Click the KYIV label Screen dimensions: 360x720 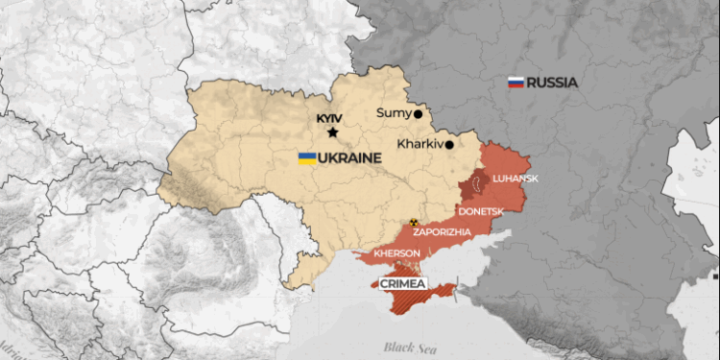click(329, 119)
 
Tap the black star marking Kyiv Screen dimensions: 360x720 click(333, 132)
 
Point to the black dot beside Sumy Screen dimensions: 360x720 click(418, 113)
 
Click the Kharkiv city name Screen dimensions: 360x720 click(419, 144)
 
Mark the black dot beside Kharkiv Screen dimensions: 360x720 click(448, 144)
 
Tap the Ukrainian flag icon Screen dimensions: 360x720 click(307, 157)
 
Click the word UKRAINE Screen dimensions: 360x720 click(348, 157)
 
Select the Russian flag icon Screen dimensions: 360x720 click(515, 83)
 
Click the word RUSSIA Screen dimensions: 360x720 click(551, 83)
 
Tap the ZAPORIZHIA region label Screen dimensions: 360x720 click(442, 232)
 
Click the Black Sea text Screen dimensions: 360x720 click(405, 346)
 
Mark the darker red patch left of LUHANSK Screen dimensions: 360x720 click(471, 187)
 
